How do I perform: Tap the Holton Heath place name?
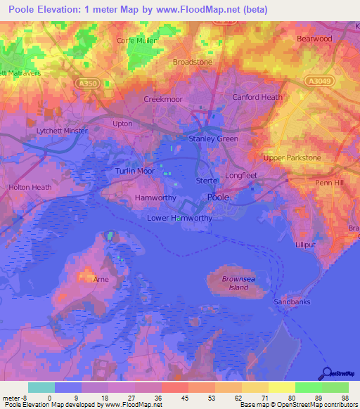point(30,188)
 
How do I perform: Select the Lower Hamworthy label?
point(179,218)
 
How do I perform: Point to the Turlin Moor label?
point(134,171)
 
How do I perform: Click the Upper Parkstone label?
point(292,158)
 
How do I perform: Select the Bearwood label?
point(314,39)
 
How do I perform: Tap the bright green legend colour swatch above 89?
point(308,387)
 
